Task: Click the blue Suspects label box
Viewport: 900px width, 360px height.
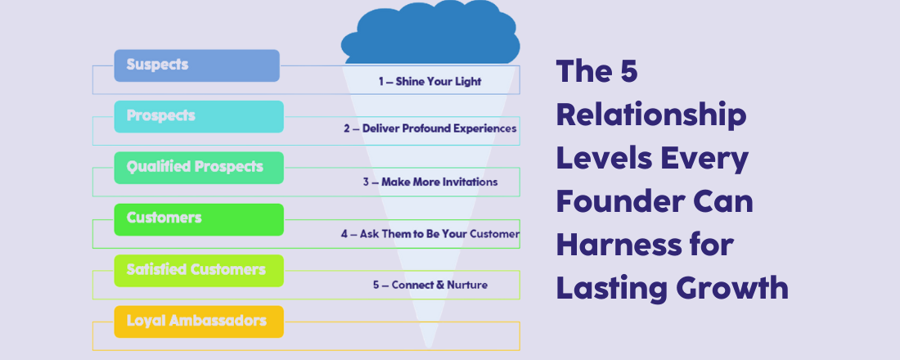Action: click(196, 65)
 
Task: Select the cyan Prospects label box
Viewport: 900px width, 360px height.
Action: click(199, 117)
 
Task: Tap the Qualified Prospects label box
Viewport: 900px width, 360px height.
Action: click(199, 168)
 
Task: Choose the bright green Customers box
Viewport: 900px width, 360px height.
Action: click(199, 219)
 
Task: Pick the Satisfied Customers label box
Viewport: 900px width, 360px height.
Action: click(199, 270)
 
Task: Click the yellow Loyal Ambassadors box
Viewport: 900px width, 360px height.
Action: click(199, 322)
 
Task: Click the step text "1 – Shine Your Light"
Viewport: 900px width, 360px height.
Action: click(430, 82)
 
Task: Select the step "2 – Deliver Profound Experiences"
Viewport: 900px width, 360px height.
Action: click(430, 129)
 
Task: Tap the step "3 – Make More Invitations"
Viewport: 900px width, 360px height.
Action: click(430, 182)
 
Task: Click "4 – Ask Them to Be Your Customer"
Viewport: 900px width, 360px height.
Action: click(430, 234)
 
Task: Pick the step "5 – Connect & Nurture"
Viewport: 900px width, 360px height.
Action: click(430, 286)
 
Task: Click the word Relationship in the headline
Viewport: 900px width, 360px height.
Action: click(651, 115)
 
